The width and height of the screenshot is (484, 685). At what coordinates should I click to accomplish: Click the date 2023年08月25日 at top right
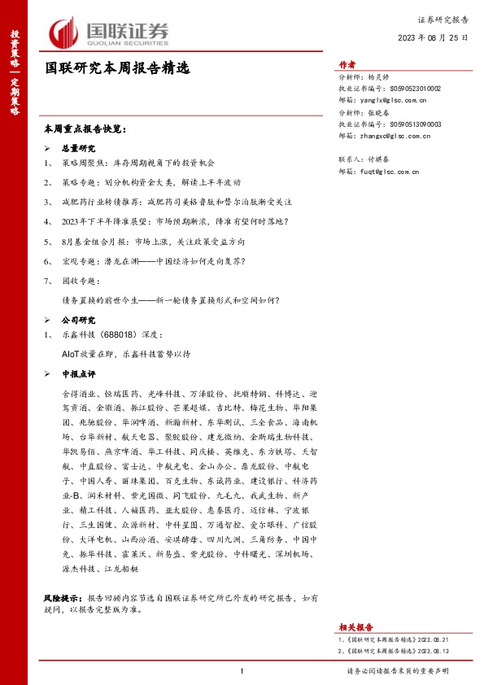click(433, 38)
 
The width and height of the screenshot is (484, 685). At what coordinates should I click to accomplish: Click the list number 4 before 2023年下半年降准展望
click(48, 221)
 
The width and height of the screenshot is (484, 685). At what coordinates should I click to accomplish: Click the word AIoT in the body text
click(71, 355)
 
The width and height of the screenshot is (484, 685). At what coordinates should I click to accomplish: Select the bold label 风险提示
click(63, 598)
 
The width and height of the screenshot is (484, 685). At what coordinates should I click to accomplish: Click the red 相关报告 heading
click(355, 626)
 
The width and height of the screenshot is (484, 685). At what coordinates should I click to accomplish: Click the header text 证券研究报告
click(443, 19)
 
